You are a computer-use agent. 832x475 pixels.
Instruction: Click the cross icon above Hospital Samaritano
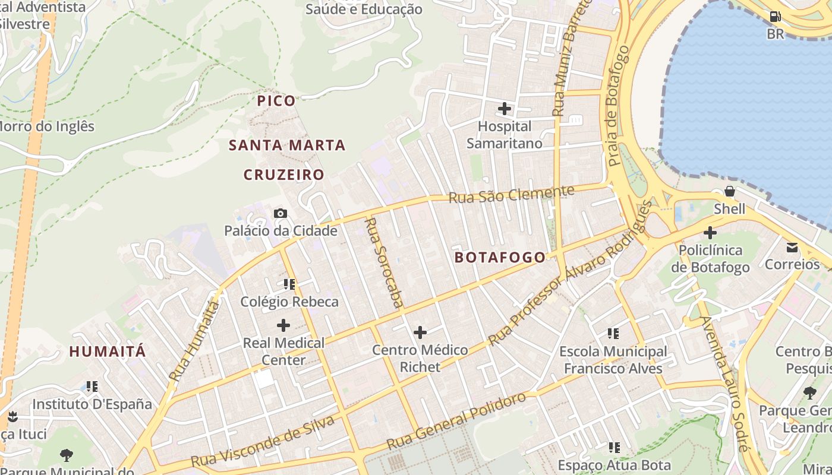click(x=505, y=109)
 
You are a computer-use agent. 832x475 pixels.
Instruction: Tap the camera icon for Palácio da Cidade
click(x=281, y=213)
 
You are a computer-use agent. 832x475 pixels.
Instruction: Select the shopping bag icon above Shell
click(x=729, y=192)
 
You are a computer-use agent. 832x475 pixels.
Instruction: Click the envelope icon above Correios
click(x=792, y=247)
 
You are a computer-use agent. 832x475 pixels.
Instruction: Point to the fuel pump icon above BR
click(x=775, y=17)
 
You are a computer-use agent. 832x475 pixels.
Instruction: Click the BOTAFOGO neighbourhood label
click(x=500, y=257)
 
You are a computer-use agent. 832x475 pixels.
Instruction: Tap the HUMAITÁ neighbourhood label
click(x=108, y=351)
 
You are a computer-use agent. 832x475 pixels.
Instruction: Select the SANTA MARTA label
click(x=287, y=145)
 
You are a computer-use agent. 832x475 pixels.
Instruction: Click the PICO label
click(x=276, y=101)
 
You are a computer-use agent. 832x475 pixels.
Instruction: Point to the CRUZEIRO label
click(x=284, y=175)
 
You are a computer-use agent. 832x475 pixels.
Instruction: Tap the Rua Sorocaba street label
click(x=383, y=263)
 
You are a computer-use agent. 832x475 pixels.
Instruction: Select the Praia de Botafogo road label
click(x=618, y=105)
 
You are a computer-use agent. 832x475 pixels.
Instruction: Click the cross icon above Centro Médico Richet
click(x=420, y=332)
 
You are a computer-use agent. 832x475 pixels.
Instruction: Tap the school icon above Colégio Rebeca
click(x=289, y=284)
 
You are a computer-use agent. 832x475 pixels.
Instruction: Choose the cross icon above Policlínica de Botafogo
click(x=710, y=233)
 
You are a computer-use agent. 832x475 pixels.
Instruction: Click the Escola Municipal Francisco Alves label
click(x=613, y=360)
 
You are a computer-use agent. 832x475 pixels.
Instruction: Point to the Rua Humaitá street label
click(x=194, y=341)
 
